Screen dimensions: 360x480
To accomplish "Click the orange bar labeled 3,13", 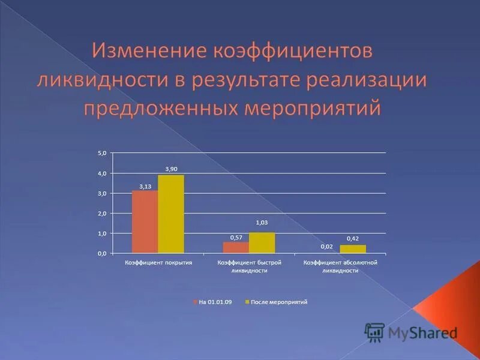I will (145, 221).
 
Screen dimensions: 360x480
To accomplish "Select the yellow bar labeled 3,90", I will (171, 214).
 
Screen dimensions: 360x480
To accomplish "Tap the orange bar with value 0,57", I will (235, 247).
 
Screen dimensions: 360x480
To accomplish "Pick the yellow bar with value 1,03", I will (262, 242).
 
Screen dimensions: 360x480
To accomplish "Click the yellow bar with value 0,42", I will (352, 248).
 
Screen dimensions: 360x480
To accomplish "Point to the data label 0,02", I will (326, 247).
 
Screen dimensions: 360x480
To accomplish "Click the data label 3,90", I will (171, 169).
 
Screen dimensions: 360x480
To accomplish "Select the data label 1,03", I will (262, 223).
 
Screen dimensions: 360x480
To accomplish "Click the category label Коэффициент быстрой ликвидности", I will (249, 266).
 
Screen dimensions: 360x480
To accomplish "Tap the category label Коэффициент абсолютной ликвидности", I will (340, 266).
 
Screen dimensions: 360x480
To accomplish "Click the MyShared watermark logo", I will (411, 332).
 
